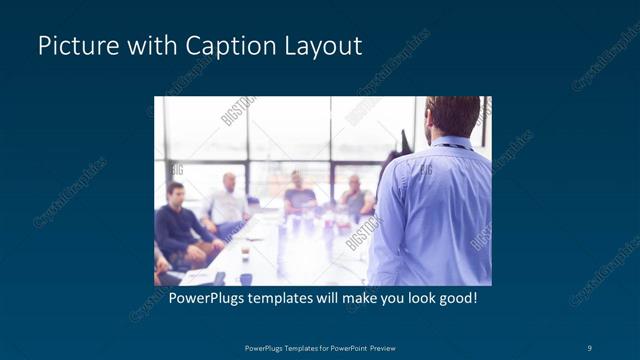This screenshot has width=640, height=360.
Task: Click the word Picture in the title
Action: [71, 46]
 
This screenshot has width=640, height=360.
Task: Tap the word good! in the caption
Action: [456, 298]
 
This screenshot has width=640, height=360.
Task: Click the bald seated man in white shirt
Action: [228, 200]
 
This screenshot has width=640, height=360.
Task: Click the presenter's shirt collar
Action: [454, 142]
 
